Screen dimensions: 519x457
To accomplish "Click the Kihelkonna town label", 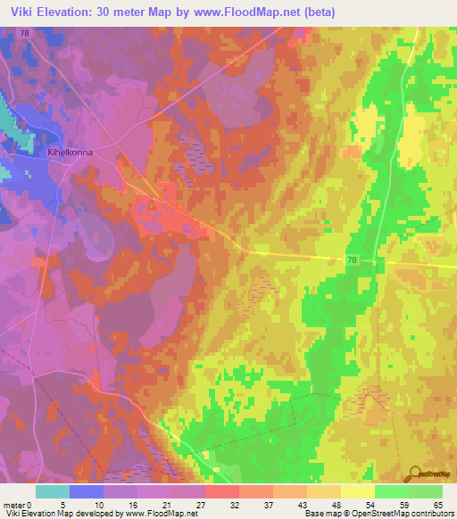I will click(x=70, y=152).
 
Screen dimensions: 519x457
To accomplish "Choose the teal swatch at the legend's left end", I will click(x=53, y=491).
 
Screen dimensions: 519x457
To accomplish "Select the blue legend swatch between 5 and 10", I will click(x=87, y=491).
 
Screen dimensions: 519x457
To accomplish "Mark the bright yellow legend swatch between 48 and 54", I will click(x=358, y=491).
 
